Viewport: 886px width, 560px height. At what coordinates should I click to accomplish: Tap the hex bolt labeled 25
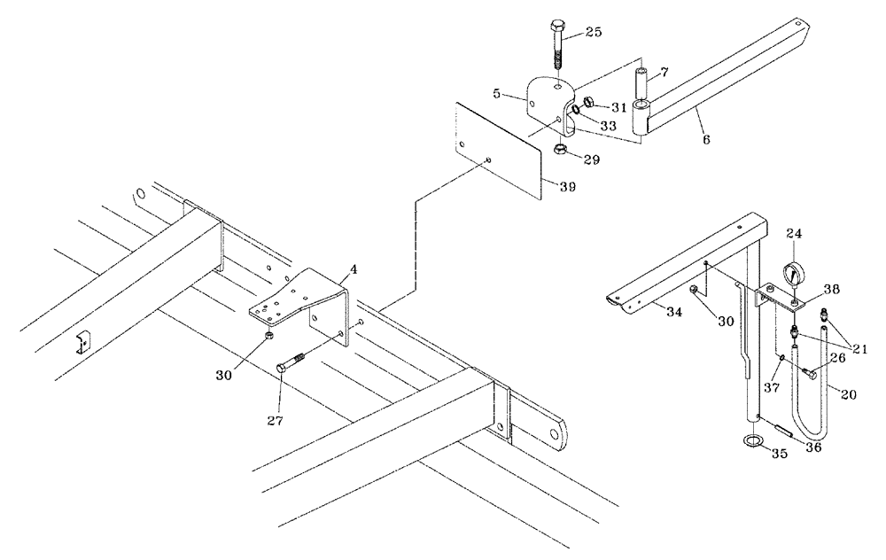pyautogui.click(x=557, y=46)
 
